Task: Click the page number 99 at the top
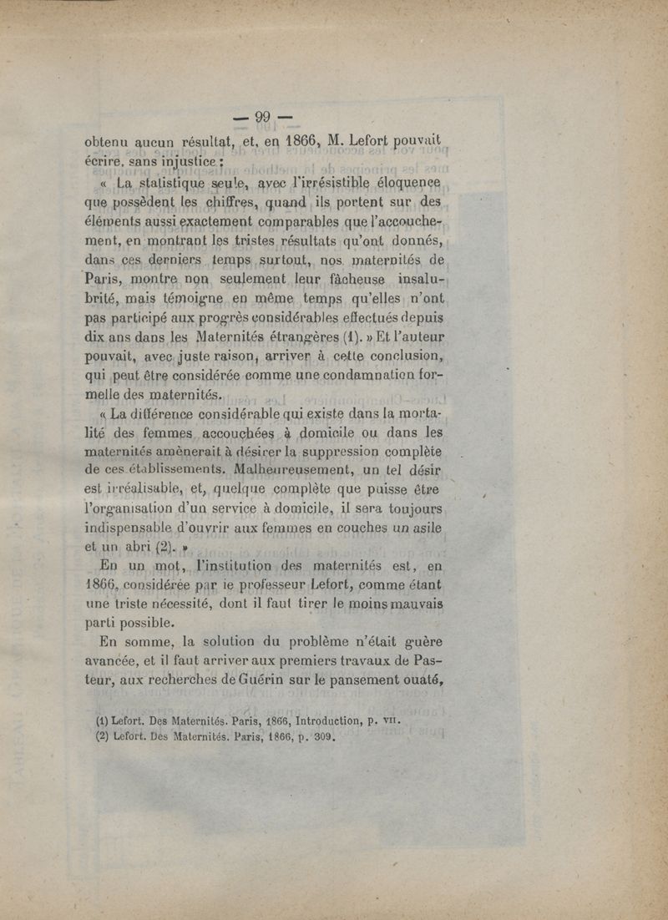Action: tap(263, 117)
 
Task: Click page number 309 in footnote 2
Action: tap(321, 737)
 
